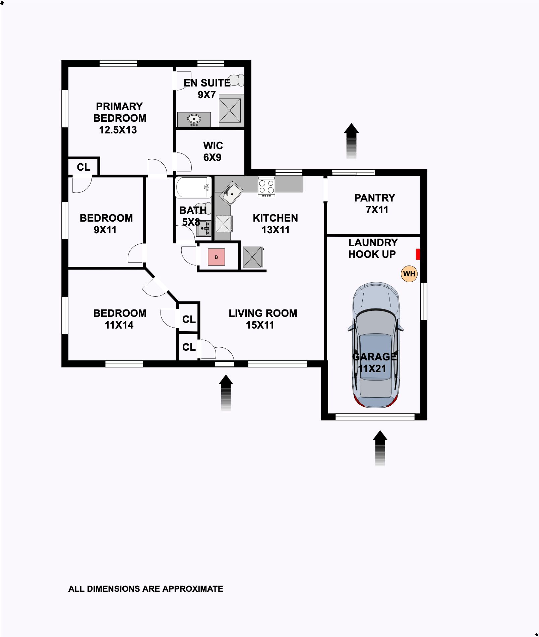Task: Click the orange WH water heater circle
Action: pyautogui.click(x=409, y=274)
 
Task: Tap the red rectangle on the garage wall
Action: pyautogui.click(x=418, y=254)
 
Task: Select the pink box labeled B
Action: pyautogui.click(x=216, y=257)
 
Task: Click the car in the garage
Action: pyautogui.click(x=375, y=345)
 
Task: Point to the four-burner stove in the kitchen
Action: pyautogui.click(x=266, y=187)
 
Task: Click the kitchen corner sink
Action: pyautogui.click(x=232, y=193)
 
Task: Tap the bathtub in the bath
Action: pyautogui.click(x=193, y=187)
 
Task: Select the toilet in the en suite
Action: pyautogui.click(x=236, y=80)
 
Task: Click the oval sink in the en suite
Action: pyautogui.click(x=194, y=119)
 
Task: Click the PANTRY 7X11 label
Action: pyautogui.click(x=375, y=204)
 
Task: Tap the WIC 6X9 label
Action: pyautogui.click(x=213, y=151)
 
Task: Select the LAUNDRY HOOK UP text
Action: pyautogui.click(x=373, y=248)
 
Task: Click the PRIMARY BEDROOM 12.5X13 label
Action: pyautogui.click(x=120, y=118)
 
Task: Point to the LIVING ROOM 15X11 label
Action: pyautogui.click(x=263, y=319)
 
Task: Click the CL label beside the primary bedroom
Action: pyautogui.click(x=83, y=167)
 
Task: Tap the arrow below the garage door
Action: pyautogui.click(x=380, y=448)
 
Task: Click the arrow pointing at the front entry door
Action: pyautogui.click(x=226, y=393)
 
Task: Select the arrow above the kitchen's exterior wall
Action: pyautogui.click(x=351, y=141)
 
